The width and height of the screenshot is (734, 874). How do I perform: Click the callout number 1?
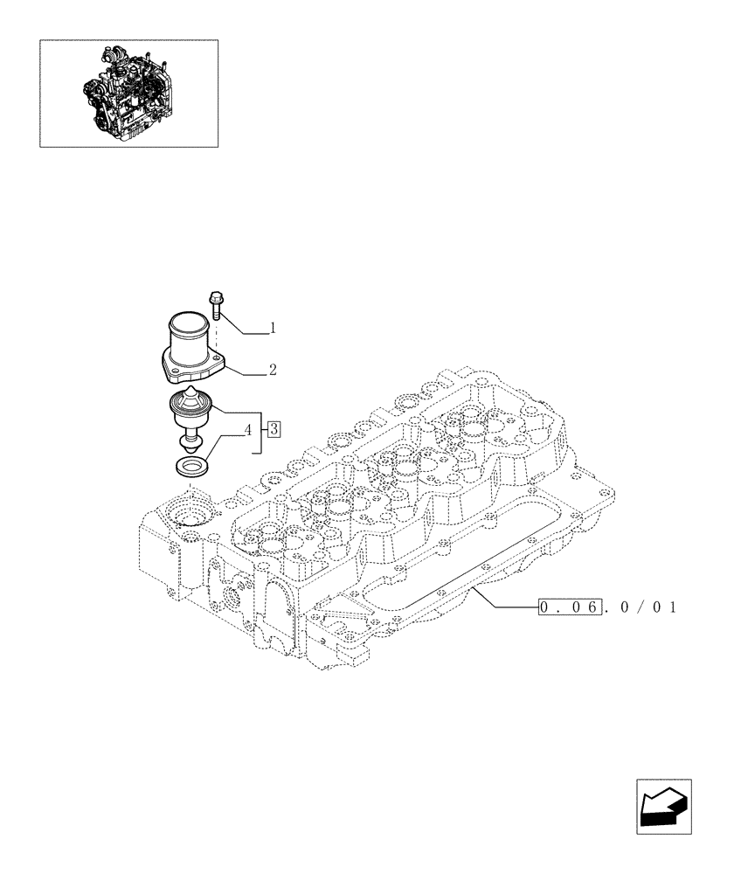coord(273,329)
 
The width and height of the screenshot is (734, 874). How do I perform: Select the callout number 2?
coord(273,371)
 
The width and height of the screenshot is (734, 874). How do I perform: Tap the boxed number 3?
coord(274,428)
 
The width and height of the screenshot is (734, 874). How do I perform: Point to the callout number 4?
coord(249,429)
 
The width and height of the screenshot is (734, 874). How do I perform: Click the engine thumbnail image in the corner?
coord(128,93)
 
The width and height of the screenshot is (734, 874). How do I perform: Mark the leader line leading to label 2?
coord(245,373)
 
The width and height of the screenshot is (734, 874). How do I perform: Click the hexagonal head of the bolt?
coord(216,298)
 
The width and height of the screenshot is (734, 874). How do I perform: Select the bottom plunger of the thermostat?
coord(190,440)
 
